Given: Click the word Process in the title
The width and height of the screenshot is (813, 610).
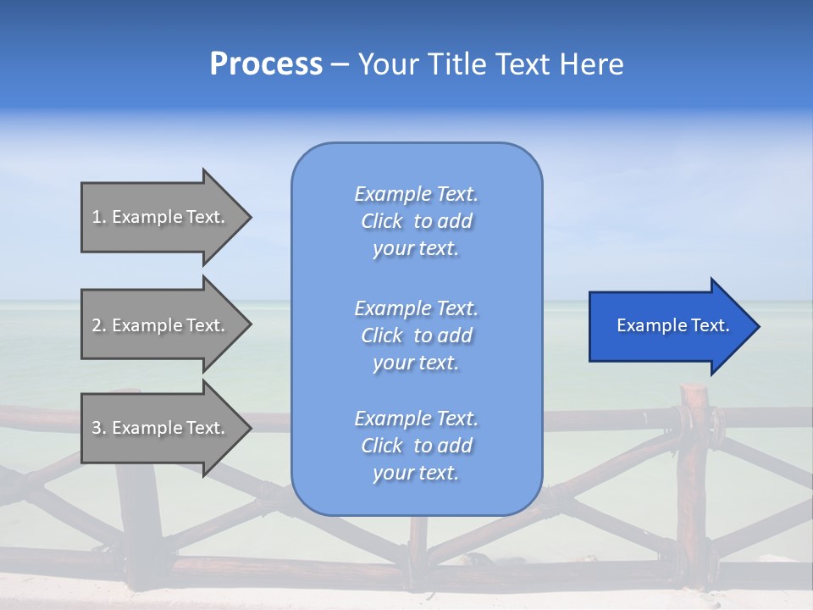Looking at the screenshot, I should [x=266, y=64].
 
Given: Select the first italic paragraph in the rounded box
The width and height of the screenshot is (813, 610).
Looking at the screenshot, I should [x=416, y=221].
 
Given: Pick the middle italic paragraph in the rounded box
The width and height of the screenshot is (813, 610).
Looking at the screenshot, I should [x=416, y=335].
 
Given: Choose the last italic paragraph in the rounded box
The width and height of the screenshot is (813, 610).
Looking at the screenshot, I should [x=416, y=446].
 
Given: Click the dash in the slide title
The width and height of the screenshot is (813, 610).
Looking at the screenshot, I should [x=340, y=64].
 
